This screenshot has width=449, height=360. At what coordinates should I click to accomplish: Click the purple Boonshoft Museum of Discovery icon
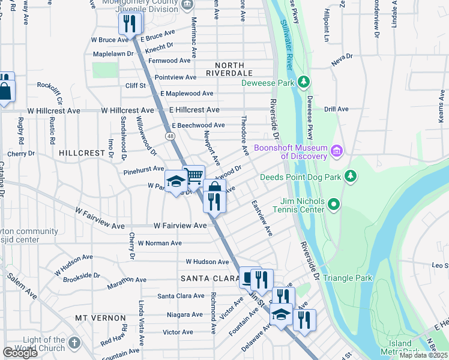click(337, 150)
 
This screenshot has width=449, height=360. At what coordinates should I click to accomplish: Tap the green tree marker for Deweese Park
click(304, 82)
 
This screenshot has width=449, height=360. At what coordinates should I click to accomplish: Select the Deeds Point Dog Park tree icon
click(351, 176)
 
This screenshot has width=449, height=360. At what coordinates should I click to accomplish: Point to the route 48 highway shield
click(171, 136)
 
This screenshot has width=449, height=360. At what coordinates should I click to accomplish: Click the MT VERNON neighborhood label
click(100, 317)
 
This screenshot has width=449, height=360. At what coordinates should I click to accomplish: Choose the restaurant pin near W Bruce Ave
click(130, 23)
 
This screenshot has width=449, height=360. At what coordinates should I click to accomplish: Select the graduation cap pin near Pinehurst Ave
click(176, 182)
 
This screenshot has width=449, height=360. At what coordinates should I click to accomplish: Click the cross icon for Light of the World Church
click(74, 343)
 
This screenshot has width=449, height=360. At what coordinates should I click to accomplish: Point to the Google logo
click(19, 353)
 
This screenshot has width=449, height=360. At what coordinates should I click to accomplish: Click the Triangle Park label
click(348, 278)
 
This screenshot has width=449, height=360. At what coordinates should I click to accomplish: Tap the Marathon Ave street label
click(127, 280)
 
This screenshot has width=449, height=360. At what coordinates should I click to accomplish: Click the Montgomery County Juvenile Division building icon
click(187, 5)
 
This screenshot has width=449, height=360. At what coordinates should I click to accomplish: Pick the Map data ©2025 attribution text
click(423, 355)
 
